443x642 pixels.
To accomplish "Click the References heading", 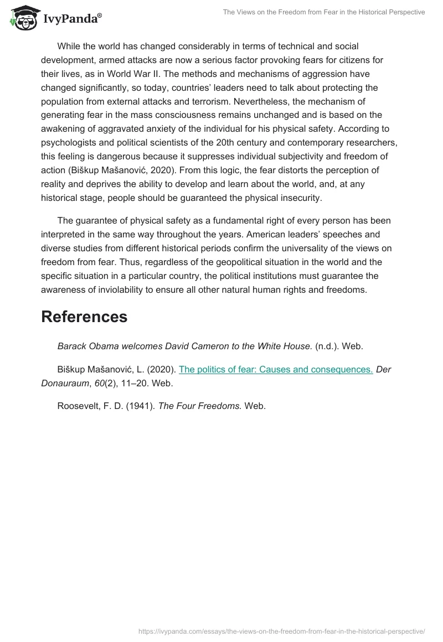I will [x=84, y=317].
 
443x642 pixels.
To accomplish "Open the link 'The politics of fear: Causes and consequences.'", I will [x=276, y=369].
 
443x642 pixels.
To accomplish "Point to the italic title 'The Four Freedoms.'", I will [x=200, y=406].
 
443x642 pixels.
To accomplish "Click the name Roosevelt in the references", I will [x=78, y=406].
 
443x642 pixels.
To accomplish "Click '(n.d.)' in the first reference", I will [x=327, y=346].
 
